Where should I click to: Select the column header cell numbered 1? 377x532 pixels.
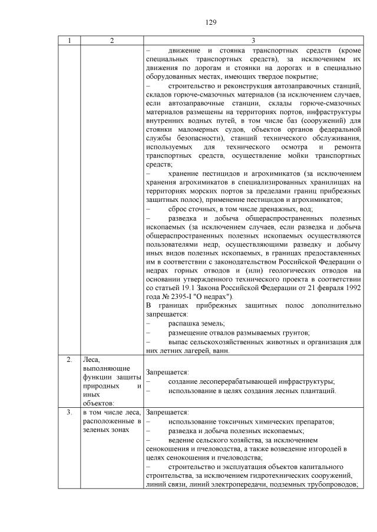coord(69,41)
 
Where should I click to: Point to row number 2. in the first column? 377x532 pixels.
coord(69,359)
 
